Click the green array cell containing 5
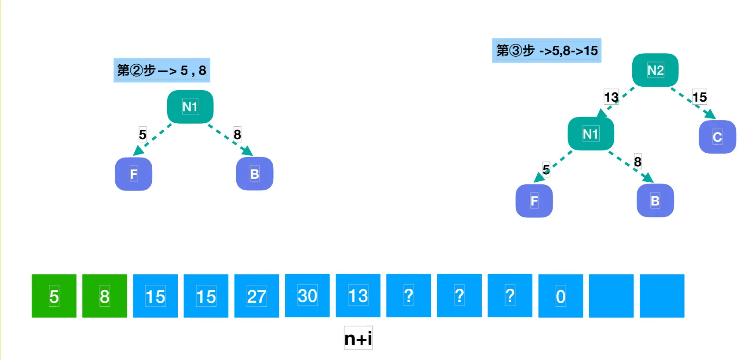coord(54,296)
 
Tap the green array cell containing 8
coord(104,296)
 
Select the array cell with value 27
coord(257,296)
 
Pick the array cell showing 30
coord(307,295)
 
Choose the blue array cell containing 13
coord(358,295)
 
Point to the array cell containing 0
coord(561,296)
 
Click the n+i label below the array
coord(358,338)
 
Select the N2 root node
coord(655,70)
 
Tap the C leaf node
coord(717,137)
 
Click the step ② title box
coord(161,70)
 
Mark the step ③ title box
coord(546,51)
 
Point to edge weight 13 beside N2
coord(611,97)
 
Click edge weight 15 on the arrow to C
coord(700,97)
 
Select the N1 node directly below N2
coord(590,134)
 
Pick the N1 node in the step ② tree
coord(190,107)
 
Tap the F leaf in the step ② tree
coord(133,174)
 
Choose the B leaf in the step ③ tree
coord(655,201)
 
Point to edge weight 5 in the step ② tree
coord(143,134)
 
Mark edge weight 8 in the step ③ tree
coord(638,162)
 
